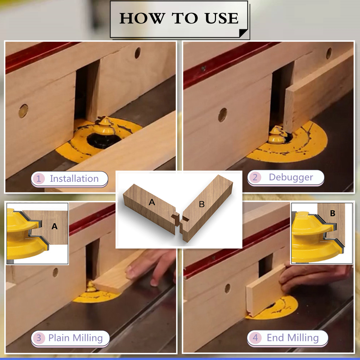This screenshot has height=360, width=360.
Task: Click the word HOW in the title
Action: click(142, 18)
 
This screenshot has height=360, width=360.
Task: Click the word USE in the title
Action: click(221, 18)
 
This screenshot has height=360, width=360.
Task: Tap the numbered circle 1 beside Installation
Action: click(39, 179)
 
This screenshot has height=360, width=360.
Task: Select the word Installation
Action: click(74, 179)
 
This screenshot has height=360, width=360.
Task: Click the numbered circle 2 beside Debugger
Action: click(255, 177)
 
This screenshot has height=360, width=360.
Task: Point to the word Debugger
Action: click(291, 177)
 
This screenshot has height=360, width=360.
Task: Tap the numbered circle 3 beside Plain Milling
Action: click(39, 338)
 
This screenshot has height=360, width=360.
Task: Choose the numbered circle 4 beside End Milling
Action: click(255, 338)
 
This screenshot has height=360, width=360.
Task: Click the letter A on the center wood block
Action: click(152, 202)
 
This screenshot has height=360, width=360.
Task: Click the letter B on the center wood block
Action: click(202, 204)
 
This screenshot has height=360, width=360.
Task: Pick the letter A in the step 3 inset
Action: click(54, 226)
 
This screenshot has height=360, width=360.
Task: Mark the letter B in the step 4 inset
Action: click(333, 213)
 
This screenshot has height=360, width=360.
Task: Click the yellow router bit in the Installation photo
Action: click(105, 126)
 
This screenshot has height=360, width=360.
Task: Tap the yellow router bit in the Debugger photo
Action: click(277, 135)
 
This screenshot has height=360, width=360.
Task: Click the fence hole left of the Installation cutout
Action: click(23, 111)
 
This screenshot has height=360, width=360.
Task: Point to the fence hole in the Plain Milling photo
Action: click(55, 273)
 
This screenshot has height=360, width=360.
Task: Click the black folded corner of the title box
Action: click(243, 33)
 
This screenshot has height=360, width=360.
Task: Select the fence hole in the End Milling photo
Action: click(227, 289)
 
